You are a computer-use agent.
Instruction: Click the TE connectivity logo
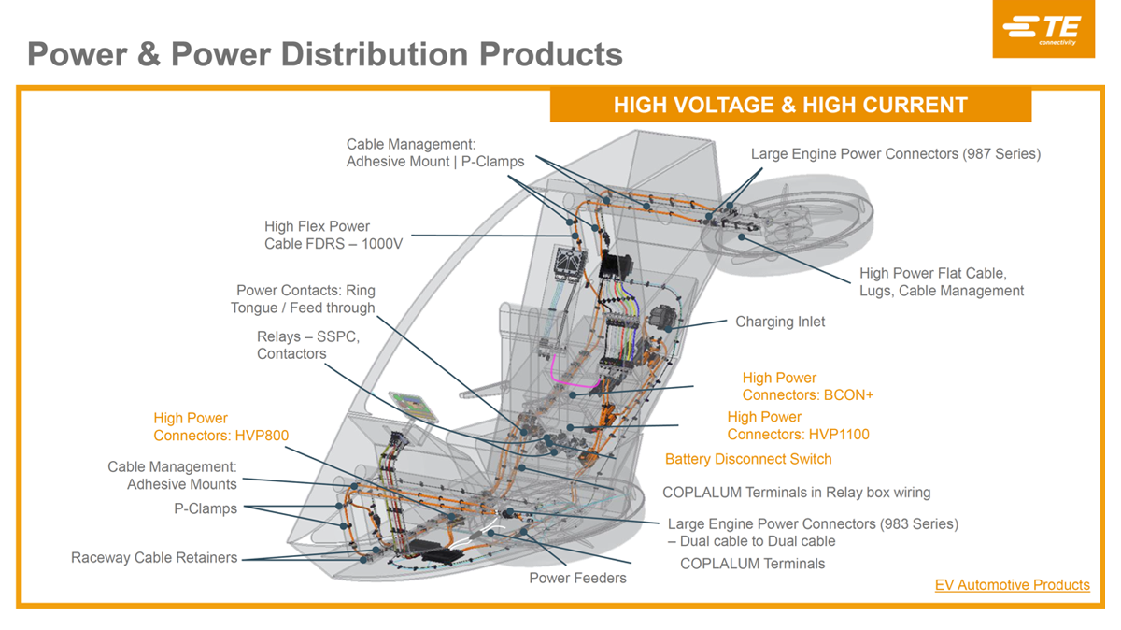tap(1043, 29)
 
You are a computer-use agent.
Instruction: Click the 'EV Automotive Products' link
tap(1012, 585)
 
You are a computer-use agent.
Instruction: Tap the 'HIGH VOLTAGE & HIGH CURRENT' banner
tap(790, 106)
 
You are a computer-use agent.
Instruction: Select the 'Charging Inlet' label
tap(780, 322)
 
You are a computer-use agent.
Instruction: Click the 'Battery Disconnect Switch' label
tap(748, 459)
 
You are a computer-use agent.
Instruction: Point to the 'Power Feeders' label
tap(577, 578)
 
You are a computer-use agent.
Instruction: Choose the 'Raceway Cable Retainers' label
tap(154, 557)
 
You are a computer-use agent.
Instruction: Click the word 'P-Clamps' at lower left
tap(206, 508)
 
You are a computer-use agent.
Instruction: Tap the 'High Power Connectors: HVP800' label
tap(220, 426)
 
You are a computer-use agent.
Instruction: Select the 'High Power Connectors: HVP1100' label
tap(798, 425)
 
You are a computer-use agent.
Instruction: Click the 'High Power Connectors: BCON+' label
tap(808, 387)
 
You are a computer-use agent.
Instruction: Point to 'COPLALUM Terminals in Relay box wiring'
tap(796, 493)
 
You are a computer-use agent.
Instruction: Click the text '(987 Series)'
tap(1001, 153)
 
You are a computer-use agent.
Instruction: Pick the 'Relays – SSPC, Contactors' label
tap(308, 345)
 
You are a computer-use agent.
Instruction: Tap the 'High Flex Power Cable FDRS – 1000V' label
tap(333, 235)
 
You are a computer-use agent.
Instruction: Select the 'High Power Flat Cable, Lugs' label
tap(942, 282)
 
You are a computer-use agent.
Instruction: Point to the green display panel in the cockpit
tap(414, 407)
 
